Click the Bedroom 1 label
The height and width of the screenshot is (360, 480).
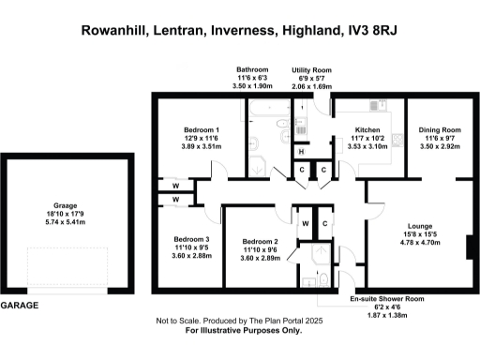click(x=202, y=129)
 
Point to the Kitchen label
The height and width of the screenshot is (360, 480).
click(x=367, y=129)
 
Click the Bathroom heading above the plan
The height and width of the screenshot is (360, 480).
click(x=250, y=69)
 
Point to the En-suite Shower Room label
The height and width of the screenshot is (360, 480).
click(x=386, y=298)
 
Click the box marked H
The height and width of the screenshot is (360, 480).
click(x=302, y=152)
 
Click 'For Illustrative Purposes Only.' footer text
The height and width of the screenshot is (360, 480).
click(x=243, y=330)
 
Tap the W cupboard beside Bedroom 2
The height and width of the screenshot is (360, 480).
click(x=306, y=223)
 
